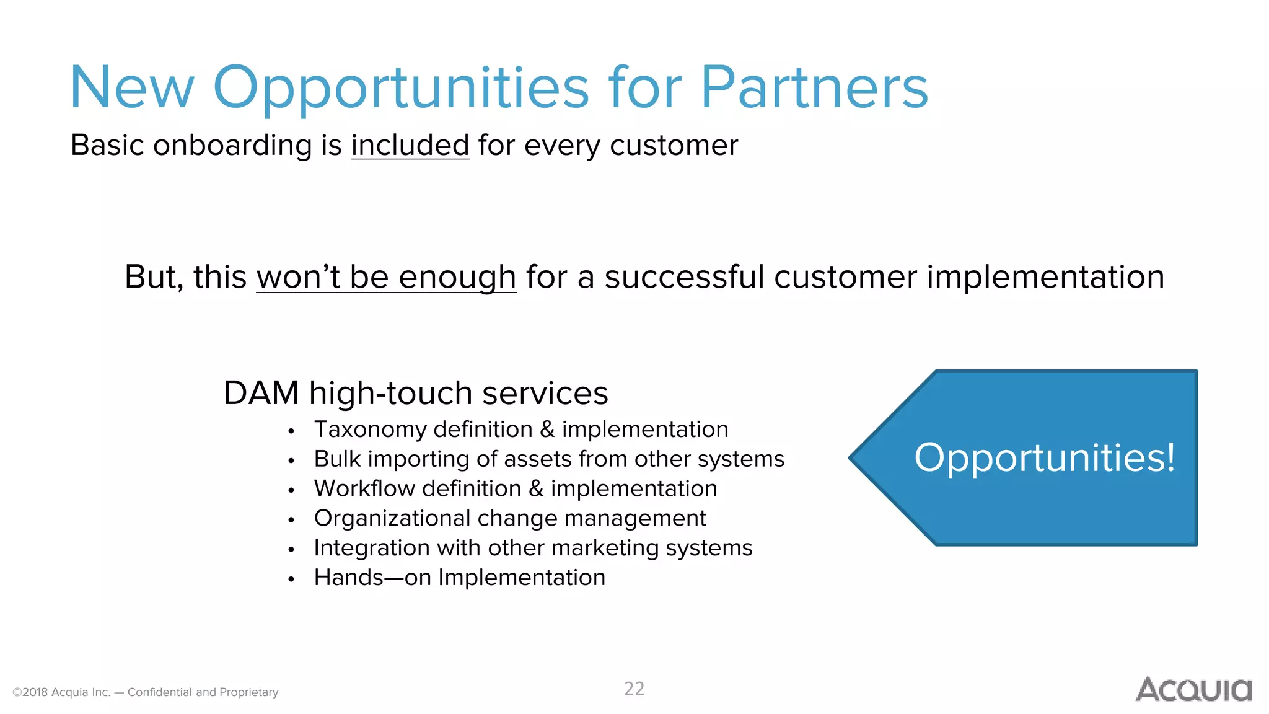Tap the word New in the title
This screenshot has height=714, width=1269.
pos(132,88)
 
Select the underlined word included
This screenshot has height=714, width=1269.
pos(410,146)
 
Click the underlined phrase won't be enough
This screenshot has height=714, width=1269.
pos(386,277)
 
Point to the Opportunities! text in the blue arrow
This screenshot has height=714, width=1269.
pos(1045,458)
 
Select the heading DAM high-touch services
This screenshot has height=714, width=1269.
pos(416,393)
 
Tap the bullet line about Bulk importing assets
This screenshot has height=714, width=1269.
pos(549,459)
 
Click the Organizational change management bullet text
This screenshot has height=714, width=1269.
pos(509,518)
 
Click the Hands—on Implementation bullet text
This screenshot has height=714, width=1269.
pos(459,578)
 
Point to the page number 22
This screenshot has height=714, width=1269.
pos(634,689)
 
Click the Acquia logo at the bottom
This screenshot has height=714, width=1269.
pos(1193,689)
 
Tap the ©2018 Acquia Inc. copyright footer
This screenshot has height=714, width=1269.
pos(146,692)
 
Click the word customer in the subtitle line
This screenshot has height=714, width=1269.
pos(674,146)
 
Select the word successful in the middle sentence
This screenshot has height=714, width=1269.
pos(684,277)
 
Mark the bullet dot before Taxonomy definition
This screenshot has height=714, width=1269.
pos(291,431)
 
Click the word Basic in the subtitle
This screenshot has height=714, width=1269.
pos(107,146)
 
